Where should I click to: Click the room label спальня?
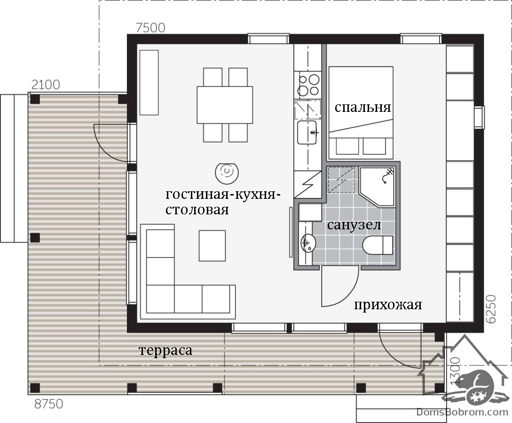362,108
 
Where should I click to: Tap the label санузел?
354,225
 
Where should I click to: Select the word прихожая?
388,305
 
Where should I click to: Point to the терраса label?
165,351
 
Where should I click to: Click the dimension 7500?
150,28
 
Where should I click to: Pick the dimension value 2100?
46,85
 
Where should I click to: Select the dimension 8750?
48,404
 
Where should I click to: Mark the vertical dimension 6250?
491,309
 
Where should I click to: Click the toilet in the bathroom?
378,245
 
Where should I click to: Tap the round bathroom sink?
307,243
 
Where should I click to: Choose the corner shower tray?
377,187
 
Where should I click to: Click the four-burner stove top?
308,85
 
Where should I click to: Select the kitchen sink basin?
307,132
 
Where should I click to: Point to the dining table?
225,105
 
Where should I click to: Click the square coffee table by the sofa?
212,246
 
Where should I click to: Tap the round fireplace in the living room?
227,172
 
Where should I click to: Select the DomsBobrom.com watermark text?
462,412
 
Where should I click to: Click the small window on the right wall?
480,117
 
